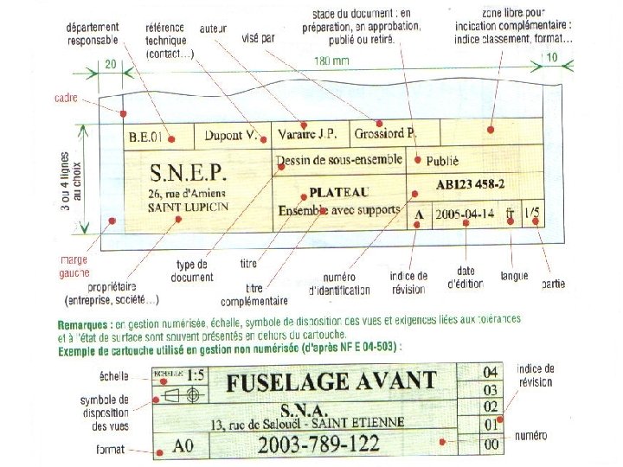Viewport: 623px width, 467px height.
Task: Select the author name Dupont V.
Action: click(x=230, y=136)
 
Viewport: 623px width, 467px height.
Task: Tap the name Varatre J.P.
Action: click(x=307, y=135)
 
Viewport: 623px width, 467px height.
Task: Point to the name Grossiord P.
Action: click(x=385, y=134)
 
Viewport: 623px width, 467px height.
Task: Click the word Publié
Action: click(x=442, y=161)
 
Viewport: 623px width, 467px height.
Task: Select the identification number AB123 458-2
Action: click(x=471, y=185)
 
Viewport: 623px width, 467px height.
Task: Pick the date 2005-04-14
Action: click(x=466, y=213)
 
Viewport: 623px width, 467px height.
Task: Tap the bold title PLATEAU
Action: click(x=338, y=191)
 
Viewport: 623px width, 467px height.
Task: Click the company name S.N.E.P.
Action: click(x=188, y=170)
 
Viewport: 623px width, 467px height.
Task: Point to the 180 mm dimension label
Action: click(x=331, y=61)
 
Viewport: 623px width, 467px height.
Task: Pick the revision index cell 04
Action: click(x=491, y=372)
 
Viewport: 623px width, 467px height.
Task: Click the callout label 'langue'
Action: click(x=514, y=277)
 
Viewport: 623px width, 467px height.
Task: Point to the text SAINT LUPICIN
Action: click(x=188, y=208)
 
